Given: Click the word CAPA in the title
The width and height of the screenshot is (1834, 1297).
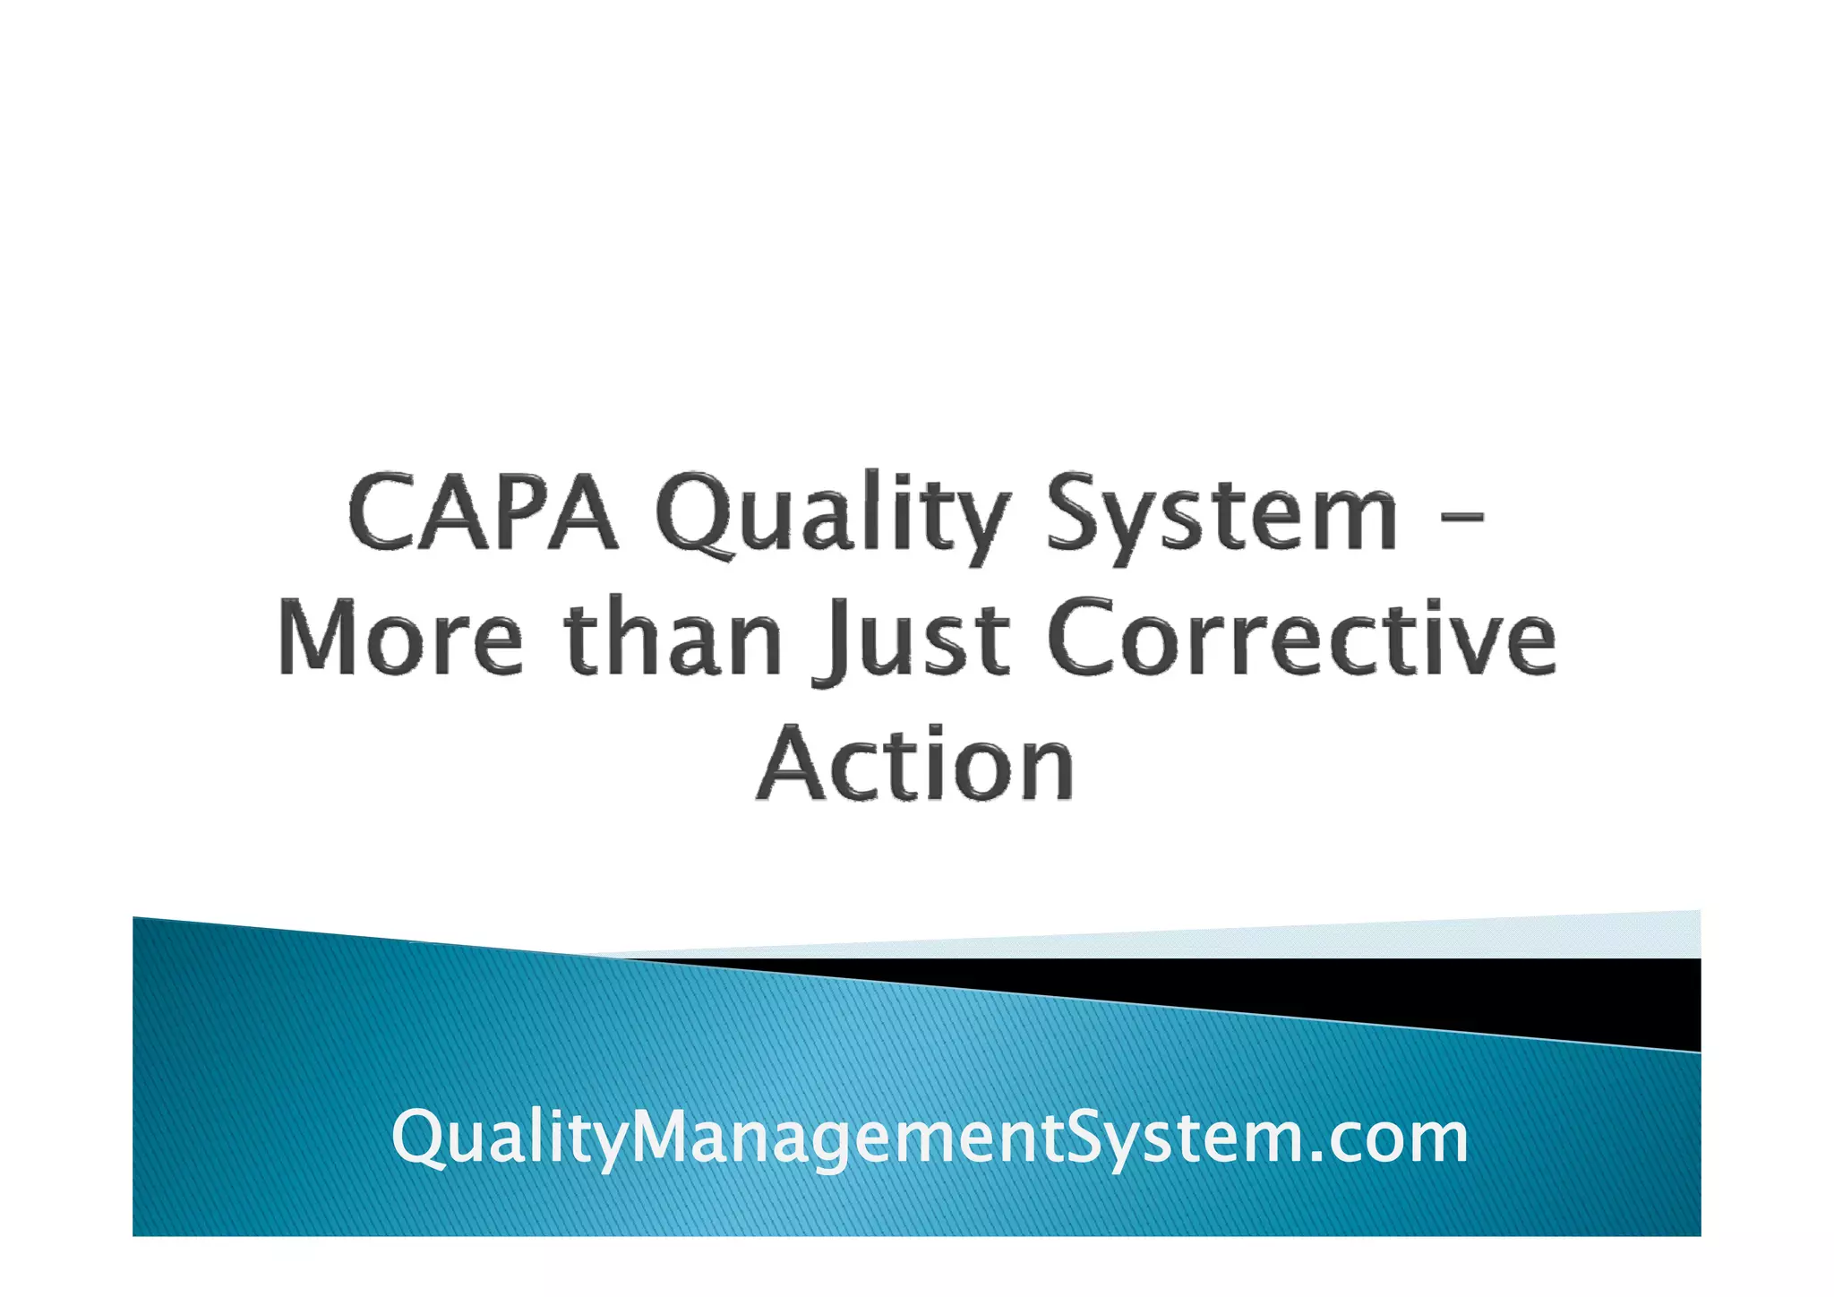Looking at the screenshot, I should (483, 512).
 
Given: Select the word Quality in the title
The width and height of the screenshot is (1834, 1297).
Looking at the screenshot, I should (833, 517).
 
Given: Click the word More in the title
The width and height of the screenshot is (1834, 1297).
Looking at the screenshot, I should (399, 638).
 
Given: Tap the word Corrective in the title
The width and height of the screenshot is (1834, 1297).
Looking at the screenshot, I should (1301, 638).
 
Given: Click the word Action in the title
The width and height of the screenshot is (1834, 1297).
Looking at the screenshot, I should (914, 763).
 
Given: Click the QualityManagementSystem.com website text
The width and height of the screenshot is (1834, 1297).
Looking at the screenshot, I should (930, 1138).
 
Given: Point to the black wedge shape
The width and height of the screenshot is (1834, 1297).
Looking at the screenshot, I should (1522, 994).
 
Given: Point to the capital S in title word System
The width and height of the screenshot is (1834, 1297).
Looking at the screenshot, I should (1079, 512).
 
